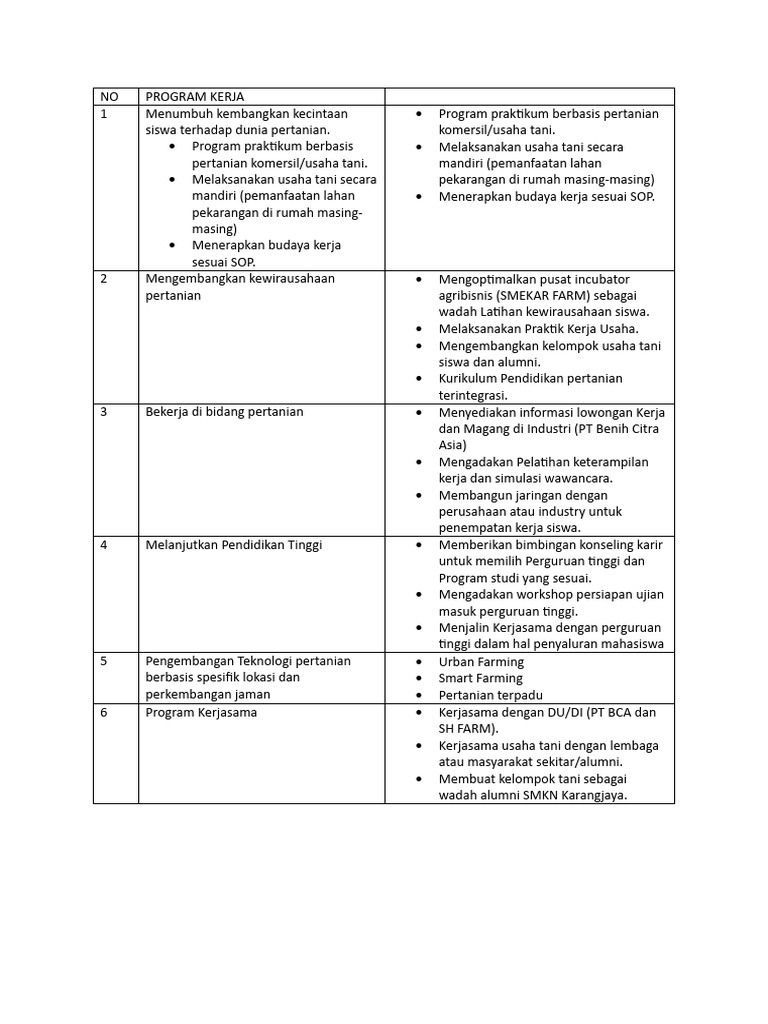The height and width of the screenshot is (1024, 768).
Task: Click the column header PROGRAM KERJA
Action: coord(195,97)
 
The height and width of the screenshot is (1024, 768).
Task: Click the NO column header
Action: coord(109,97)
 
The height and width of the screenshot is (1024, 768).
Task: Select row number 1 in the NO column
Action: coord(104,114)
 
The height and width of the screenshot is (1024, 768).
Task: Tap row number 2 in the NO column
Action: coord(104,279)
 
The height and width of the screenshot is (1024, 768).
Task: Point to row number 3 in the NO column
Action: coord(104,412)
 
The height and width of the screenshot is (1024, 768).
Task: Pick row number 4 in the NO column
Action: coord(104,545)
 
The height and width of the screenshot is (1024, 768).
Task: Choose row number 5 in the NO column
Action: coord(104,661)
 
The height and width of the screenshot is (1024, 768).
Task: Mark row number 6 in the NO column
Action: coord(104,712)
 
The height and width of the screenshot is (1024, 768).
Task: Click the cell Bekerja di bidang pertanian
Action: coord(224,412)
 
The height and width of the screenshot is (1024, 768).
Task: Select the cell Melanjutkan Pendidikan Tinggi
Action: coord(234,545)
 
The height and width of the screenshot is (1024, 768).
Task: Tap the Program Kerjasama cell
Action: coord(201,712)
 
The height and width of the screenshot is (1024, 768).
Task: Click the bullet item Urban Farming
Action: coord(481,662)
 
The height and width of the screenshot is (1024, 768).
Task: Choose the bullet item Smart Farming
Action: coord(481,678)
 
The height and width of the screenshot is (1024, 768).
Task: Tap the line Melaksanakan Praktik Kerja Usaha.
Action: coord(538,329)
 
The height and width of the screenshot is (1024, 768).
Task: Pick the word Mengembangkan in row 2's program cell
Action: coord(189,279)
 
